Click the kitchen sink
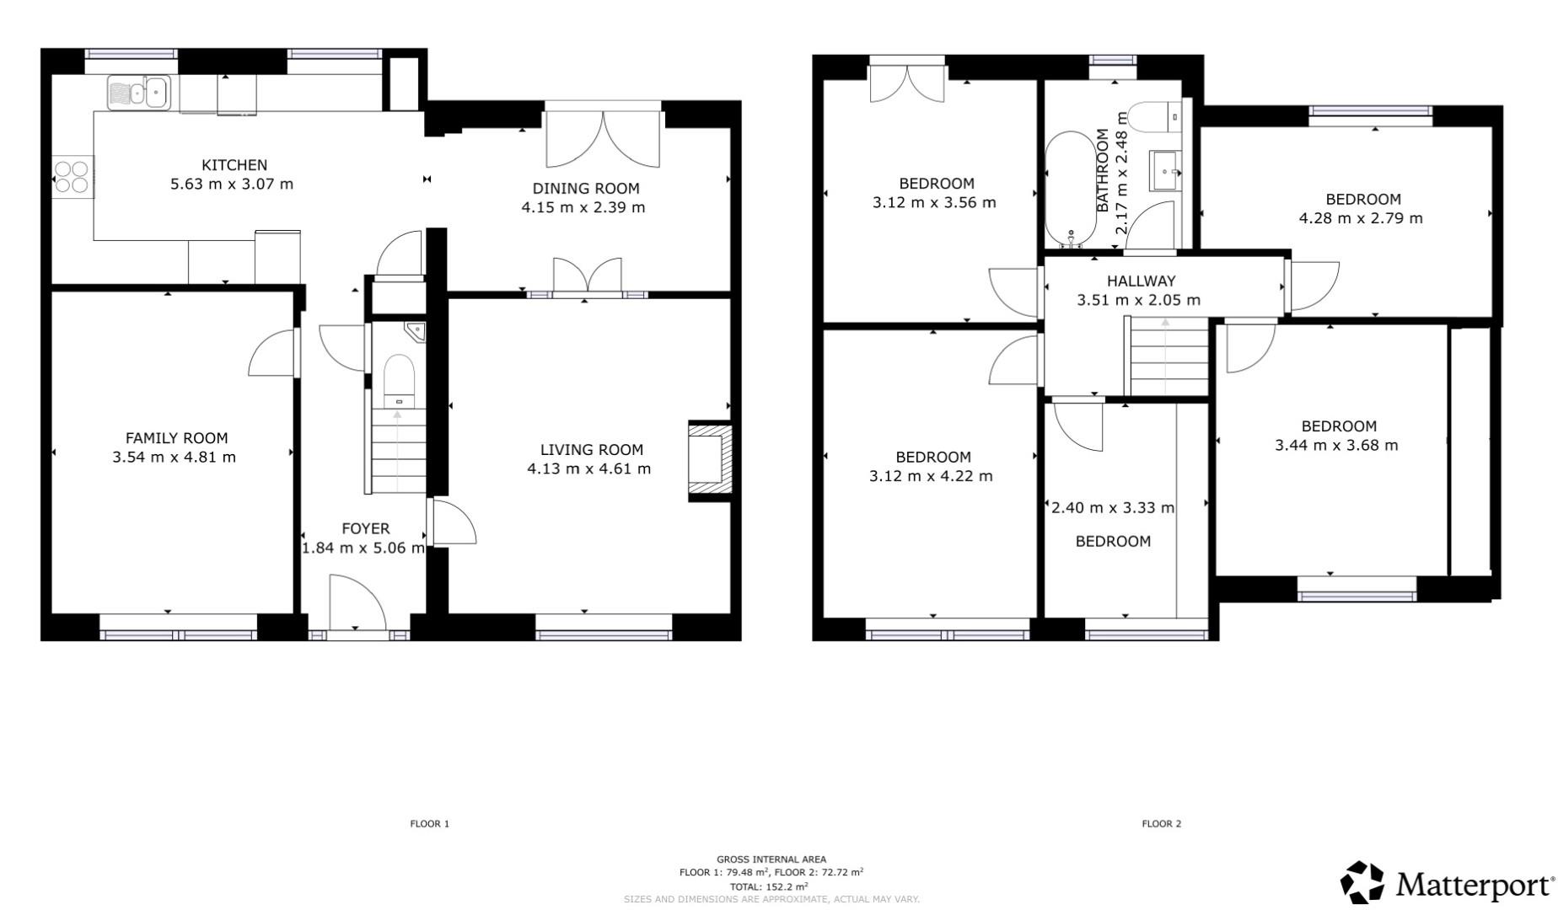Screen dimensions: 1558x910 (x=139, y=92)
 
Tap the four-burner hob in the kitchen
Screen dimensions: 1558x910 (x=72, y=176)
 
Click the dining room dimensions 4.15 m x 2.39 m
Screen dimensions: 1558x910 (x=583, y=207)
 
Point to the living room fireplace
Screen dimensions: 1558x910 (x=710, y=461)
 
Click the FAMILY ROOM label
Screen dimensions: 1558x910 (x=176, y=438)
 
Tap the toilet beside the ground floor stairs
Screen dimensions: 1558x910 (x=399, y=381)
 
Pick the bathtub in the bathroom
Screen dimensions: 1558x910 (x=1071, y=188)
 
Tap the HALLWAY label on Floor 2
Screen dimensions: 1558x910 (x=1141, y=281)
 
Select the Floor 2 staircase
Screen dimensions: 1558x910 (x=1168, y=356)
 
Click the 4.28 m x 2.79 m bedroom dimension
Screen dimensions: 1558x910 (x=1361, y=218)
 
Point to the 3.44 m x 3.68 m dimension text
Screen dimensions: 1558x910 (x=1336, y=445)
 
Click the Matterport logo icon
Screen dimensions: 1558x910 (x=1362, y=884)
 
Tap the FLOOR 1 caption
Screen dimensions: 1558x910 (x=430, y=824)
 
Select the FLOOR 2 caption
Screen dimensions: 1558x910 (x=1162, y=824)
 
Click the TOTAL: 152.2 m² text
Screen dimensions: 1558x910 (x=769, y=886)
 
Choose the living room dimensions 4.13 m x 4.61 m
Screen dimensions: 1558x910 (x=588, y=469)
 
